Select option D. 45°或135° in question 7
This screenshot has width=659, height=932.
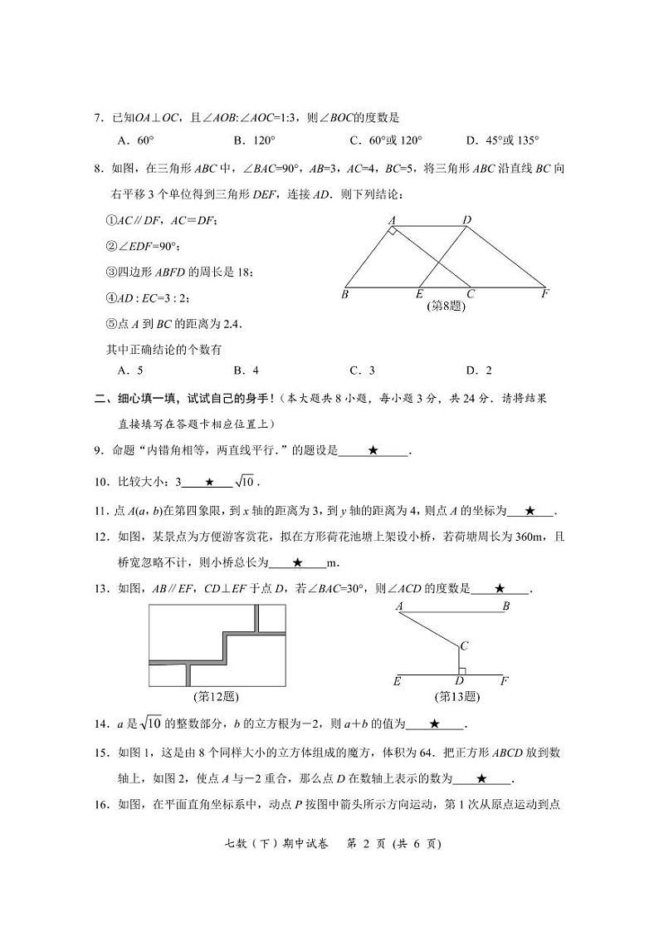[x=502, y=140]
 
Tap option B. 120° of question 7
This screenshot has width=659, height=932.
[x=254, y=140]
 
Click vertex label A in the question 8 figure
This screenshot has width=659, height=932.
[x=391, y=220]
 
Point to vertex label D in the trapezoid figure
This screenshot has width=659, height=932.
[x=467, y=220]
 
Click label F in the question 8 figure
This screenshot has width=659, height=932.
[x=545, y=293]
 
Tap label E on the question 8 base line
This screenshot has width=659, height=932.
[x=420, y=293]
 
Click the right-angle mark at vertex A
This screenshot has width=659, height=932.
[x=392, y=231]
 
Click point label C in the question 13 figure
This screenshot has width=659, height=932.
[x=465, y=645]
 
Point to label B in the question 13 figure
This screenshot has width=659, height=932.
[x=505, y=606]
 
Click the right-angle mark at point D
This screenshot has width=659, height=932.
[x=462, y=670]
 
